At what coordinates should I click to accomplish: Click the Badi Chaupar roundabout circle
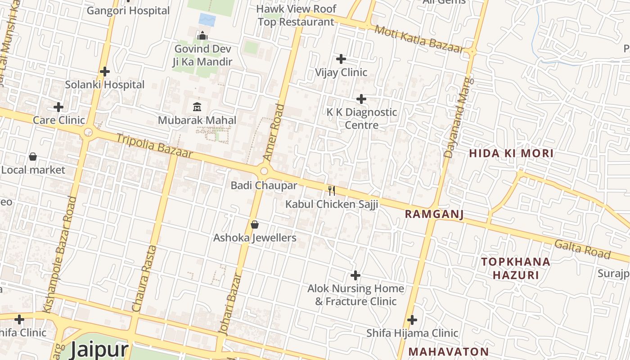264,171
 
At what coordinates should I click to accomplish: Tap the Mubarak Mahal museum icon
197,107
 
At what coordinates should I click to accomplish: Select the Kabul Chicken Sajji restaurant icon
332,191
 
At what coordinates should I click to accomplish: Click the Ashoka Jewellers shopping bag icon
255,224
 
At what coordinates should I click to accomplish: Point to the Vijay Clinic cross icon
341,59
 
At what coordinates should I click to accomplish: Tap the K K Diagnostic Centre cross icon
361,99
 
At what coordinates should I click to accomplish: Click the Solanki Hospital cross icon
105,72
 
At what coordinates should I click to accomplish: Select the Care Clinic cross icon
58,107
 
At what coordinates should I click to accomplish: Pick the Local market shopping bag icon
33,157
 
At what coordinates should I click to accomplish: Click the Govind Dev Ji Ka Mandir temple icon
202,36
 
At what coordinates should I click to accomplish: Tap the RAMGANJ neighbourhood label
434,214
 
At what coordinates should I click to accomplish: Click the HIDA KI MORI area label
511,153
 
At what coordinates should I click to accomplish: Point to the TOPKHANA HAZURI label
516,268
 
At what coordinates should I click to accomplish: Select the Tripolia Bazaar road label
154,146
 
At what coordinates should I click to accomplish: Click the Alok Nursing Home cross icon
355,275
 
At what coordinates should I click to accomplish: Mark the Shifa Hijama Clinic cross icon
412,320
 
